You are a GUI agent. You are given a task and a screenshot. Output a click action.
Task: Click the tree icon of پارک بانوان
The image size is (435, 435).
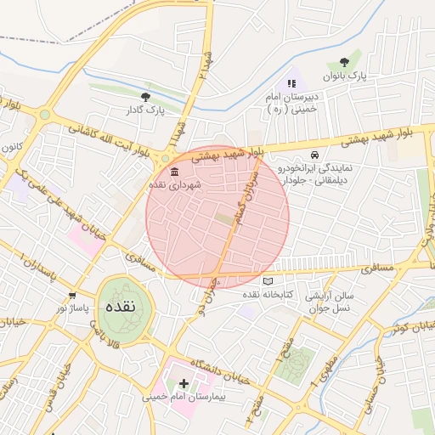click(x=344, y=62)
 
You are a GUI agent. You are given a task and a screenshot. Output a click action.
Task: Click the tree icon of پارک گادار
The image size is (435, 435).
click(x=145, y=97)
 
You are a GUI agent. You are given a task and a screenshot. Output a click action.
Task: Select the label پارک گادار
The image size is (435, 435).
click(x=145, y=110)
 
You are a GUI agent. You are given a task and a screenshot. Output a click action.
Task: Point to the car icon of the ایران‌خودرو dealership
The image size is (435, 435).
click(x=314, y=155)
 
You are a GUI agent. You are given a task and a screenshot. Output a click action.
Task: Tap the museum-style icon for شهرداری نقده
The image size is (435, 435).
click(x=162, y=172)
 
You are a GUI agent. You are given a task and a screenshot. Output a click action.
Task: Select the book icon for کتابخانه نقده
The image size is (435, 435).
click(x=268, y=281)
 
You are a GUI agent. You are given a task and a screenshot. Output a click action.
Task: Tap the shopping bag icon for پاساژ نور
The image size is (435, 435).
click(x=72, y=297)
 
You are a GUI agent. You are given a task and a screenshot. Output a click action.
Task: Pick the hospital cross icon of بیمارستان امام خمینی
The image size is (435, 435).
click(x=184, y=384)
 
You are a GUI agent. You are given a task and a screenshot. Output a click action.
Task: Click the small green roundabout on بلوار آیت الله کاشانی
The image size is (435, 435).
click(x=45, y=115)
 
